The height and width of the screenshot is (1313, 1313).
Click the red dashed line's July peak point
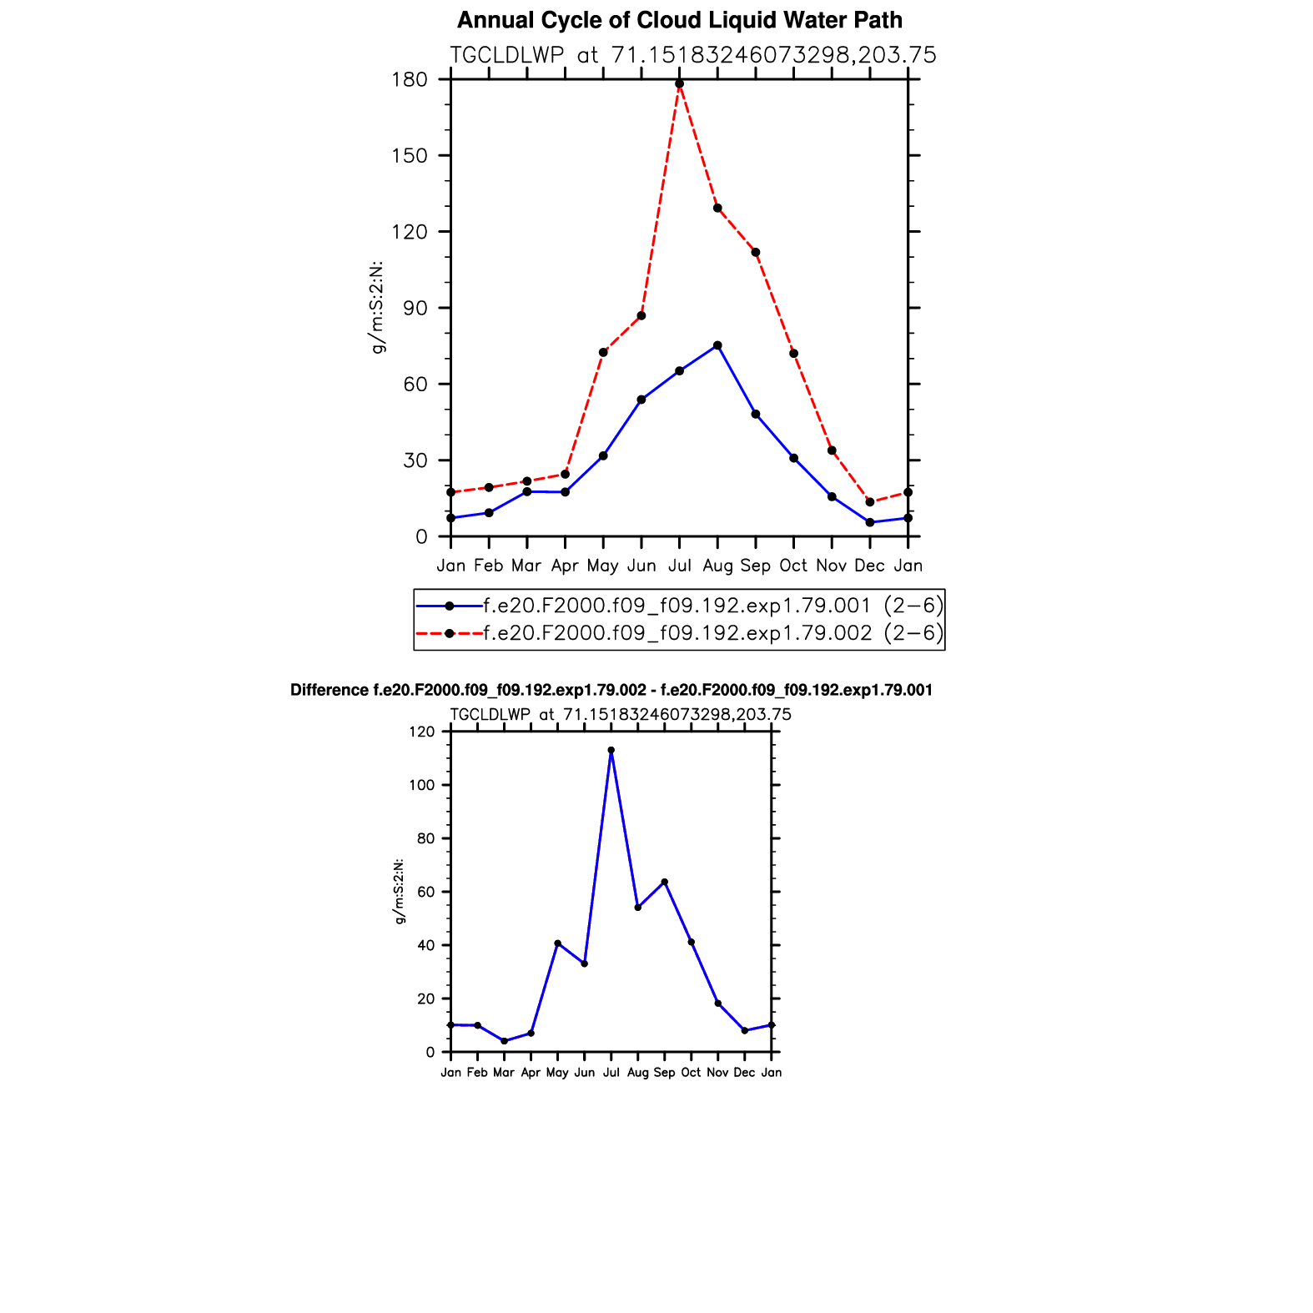click(x=679, y=83)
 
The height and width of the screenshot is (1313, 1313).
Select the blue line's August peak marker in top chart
click(x=717, y=345)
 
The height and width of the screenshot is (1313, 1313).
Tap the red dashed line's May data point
click(x=603, y=352)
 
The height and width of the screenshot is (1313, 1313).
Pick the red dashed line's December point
click(x=870, y=502)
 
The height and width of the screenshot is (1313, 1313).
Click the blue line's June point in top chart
click(x=641, y=400)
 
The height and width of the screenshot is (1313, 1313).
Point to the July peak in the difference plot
click(x=611, y=750)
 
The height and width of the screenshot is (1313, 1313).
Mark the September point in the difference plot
click(x=665, y=882)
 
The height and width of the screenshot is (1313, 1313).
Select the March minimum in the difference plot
click(x=504, y=1041)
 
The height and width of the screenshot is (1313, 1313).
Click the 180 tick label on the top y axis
click(x=410, y=80)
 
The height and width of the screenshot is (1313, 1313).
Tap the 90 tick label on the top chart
click(x=415, y=308)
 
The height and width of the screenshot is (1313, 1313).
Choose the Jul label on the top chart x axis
click(x=679, y=566)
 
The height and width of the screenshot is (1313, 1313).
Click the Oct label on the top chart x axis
click(x=793, y=566)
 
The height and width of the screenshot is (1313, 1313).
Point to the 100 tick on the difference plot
click(x=423, y=785)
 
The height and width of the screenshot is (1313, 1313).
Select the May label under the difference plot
click(x=557, y=1073)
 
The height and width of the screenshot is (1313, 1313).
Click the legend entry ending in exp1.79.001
click(x=677, y=605)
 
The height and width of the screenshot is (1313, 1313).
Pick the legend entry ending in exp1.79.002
click(x=677, y=633)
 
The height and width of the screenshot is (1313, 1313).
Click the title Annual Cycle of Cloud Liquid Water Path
click(x=679, y=20)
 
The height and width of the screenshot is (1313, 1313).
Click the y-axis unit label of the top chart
click(x=377, y=307)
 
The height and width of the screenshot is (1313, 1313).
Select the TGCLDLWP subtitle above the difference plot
click(x=620, y=715)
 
